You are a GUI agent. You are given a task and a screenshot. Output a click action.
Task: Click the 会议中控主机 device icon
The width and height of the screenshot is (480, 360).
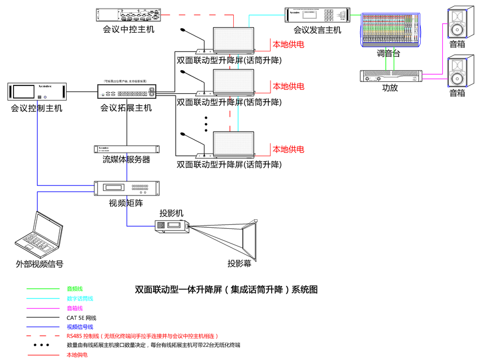(x=128, y=15)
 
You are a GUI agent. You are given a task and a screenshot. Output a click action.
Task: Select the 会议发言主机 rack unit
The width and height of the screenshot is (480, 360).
(x=318, y=15)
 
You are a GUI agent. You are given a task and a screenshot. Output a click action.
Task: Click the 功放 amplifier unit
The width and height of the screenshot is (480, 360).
(x=390, y=76)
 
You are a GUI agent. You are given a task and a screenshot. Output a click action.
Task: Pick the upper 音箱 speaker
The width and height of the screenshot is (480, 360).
(x=457, y=22)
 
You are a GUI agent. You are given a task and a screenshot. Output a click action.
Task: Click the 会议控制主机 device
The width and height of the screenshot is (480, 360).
(x=37, y=92)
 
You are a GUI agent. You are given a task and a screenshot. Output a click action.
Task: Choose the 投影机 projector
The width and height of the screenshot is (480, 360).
(x=172, y=227)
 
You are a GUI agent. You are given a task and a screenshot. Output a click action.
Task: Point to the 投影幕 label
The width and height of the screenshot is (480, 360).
(x=239, y=263)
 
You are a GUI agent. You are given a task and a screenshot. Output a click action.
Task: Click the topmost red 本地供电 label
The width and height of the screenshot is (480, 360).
(x=289, y=44)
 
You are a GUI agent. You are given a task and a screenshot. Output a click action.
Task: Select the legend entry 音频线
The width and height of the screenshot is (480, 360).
(x=75, y=289)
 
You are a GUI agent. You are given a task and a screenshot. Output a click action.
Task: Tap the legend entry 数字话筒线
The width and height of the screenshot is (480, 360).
(x=80, y=298)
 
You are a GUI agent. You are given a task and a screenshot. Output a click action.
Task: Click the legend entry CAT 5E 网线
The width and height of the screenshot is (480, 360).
(x=81, y=318)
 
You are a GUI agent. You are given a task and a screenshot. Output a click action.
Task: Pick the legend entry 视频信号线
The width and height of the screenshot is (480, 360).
(x=80, y=327)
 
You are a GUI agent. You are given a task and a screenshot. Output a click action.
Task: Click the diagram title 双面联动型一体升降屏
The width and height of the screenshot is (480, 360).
(x=226, y=289)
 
